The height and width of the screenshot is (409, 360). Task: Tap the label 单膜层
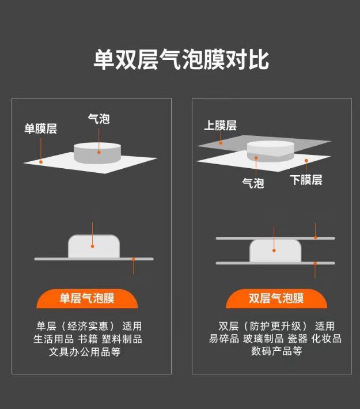coord(40,128)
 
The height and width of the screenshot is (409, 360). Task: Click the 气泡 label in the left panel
coord(98,119)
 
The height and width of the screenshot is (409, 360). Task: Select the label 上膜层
coord(220,126)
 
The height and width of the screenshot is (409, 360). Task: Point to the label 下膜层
coord(306,180)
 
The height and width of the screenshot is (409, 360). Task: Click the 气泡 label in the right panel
coord(253,183)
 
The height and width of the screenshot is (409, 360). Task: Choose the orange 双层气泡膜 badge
coord(276,298)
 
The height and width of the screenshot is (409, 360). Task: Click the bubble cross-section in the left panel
coord(94,247)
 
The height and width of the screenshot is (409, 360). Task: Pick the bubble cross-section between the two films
coord(275,251)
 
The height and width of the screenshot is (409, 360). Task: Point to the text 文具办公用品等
coord(85,351)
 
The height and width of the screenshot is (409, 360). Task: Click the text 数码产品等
coord(276,351)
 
